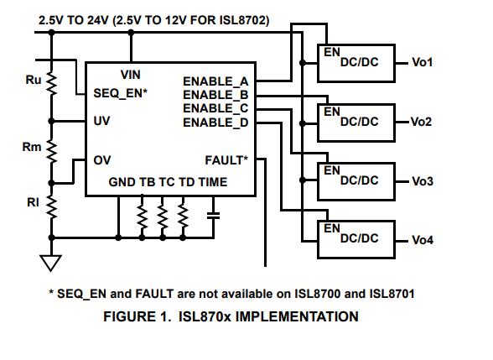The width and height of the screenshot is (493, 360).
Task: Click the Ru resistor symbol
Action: (x=52, y=82)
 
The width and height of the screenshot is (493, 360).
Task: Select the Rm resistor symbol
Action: (x=52, y=151)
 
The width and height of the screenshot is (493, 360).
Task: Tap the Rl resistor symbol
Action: (x=52, y=206)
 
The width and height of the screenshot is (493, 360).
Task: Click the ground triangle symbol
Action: (x=50, y=263)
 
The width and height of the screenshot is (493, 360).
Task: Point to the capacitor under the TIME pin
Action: (x=214, y=216)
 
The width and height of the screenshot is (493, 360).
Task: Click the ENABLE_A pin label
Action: (x=215, y=81)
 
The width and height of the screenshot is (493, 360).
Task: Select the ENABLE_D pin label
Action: (x=215, y=123)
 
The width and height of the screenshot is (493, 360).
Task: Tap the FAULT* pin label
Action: (x=226, y=160)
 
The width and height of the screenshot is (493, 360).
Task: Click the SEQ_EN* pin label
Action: (x=121, y=93)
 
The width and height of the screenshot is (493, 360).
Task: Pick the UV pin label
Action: (x=101, y=121)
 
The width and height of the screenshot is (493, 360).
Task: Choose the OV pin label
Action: (x=102, y=160)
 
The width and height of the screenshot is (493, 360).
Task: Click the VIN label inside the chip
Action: (x=131, y=75)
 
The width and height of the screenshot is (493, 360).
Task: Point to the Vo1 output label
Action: (x=423, y=62)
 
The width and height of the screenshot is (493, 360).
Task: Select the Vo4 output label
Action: (x=423, y=240)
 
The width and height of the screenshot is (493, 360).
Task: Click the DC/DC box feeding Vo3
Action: (x=356, y=181)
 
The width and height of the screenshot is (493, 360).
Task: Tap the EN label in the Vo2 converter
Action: (x=332, y=112)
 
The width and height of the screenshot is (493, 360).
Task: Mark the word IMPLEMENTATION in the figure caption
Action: (x=297, y=316)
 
